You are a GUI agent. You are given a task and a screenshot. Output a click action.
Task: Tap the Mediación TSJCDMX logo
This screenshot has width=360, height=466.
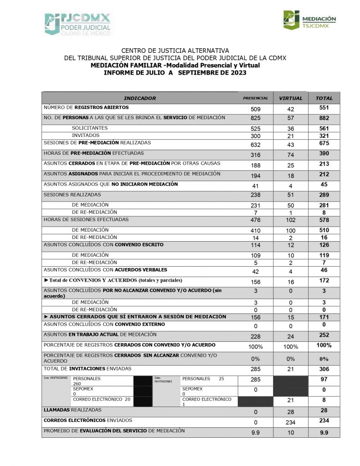click(309, 20)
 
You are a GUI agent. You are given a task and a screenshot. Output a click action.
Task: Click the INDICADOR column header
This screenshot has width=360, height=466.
click(140, 98)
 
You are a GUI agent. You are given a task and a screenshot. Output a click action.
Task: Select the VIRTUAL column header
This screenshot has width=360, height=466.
click(290, 98)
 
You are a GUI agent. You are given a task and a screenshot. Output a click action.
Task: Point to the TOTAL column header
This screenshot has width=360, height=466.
click(324, 98)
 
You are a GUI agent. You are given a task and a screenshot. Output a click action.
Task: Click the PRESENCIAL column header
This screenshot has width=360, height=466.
click(255, 98)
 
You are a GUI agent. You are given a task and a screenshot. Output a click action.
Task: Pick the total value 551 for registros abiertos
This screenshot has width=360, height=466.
click(324, 108)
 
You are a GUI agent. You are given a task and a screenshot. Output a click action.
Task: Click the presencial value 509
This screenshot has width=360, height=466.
click(255, 109)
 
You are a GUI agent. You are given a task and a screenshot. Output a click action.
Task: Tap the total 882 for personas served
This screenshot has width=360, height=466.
click(324, 118)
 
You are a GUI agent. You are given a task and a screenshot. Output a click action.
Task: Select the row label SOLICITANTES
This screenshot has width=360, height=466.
click(90, 128)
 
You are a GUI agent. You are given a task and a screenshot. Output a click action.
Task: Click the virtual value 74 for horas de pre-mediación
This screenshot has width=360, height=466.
click(290, 154)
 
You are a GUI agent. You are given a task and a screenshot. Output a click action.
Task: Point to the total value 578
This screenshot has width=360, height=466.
click(324, 220)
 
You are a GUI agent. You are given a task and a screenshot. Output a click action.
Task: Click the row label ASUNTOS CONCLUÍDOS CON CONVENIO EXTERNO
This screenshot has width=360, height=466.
click(104, 324)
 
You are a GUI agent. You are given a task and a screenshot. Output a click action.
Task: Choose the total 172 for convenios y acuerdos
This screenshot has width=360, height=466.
click(324, 281)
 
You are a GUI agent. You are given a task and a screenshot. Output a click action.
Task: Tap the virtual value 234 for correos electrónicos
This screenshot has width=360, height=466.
click(290, 421)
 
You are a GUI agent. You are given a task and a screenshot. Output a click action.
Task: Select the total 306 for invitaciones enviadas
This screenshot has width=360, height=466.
click(324, 369)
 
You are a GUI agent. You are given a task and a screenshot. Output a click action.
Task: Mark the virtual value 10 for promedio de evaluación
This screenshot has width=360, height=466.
click(290, 432)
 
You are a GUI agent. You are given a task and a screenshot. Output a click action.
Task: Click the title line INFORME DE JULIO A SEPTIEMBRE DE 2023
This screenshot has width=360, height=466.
click(175, 72)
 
